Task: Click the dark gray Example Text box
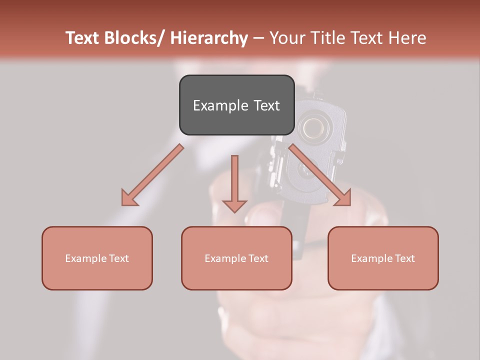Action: coord(236,105)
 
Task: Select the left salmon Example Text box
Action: coord(97,258)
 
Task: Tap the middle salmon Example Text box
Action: coord(236,258)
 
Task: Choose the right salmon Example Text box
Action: coord(383,258)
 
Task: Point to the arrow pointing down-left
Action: coord(153,175)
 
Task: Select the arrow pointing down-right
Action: coord(320,175)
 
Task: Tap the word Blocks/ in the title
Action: coord(133,38)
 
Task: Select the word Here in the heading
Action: coord(407,38)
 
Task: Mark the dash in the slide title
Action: coord(258,38)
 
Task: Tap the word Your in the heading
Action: coord(285,38)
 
